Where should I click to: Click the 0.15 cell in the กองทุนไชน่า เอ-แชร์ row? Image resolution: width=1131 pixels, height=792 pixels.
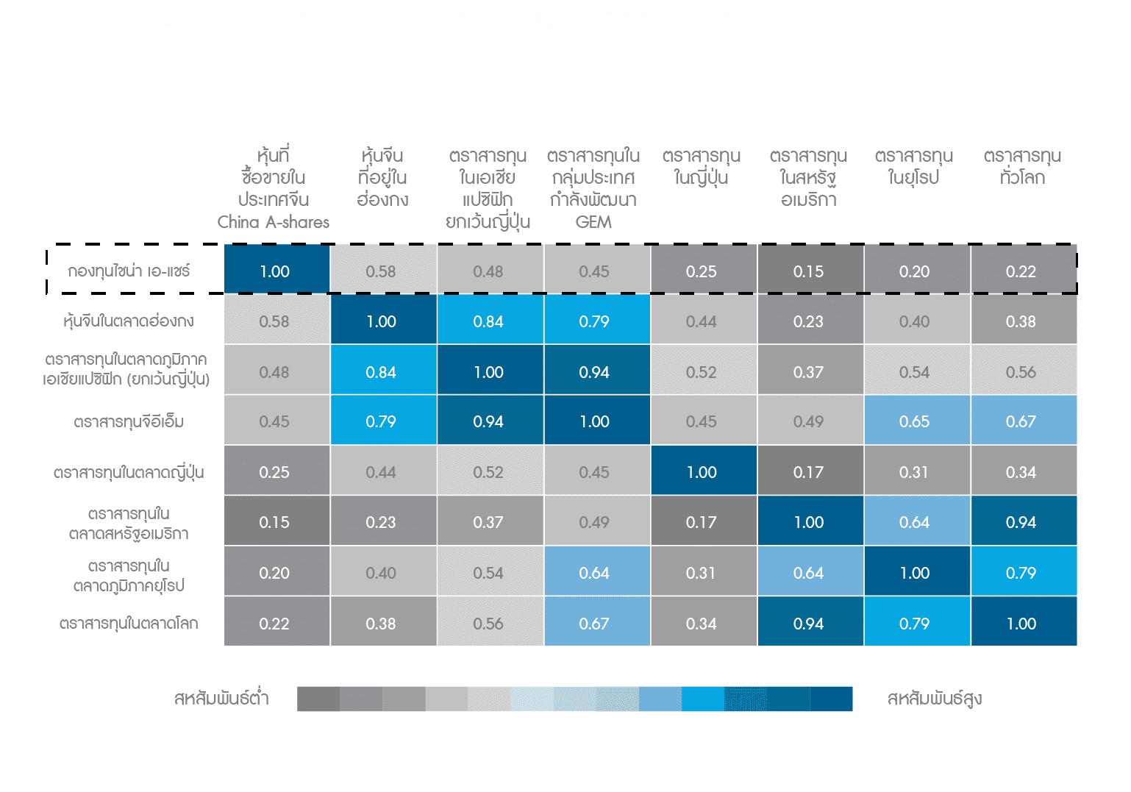coord(808,271)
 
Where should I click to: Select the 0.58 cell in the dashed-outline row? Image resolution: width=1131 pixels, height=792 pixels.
coord(381,271)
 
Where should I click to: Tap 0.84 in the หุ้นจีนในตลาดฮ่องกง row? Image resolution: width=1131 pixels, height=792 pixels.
coord(488,321)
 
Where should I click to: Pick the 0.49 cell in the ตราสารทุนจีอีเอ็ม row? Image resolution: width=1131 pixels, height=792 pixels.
coord(808,421)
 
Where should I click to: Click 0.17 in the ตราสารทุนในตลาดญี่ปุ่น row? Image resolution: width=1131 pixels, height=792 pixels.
coord(808,472)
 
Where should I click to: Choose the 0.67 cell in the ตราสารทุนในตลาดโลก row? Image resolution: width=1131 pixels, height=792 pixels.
coord(594,624)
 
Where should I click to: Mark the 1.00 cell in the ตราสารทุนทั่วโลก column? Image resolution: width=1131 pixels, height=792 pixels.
coord(1021,624)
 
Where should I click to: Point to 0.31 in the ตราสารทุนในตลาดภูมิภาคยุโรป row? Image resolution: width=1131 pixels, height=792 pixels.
coord(701,573)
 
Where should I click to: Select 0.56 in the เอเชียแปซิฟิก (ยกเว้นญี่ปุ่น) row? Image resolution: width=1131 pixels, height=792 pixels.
coord(1021,372)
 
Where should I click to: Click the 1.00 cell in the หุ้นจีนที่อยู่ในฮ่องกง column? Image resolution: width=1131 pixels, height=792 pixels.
coord(381,321)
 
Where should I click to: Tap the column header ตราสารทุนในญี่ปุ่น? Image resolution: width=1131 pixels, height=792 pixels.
coord(701,167)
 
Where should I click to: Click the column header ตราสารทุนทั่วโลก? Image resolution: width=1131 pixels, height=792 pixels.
coord(1022,167)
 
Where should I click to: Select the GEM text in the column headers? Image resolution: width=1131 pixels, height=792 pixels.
coord(593,222)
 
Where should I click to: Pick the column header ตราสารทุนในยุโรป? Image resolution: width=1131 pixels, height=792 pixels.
coord(914,167)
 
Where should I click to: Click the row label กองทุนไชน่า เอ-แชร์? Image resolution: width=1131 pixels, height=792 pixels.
coord(129,271)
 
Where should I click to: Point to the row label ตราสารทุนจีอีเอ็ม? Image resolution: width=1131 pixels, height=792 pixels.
coord(129,422)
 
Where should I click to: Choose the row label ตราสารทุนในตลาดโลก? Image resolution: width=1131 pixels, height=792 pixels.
coord(129,624)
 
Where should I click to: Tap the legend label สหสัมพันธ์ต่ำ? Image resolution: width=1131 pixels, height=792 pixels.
coord(221,699)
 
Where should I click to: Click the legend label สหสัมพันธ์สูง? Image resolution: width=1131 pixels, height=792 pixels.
coord(935,699)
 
